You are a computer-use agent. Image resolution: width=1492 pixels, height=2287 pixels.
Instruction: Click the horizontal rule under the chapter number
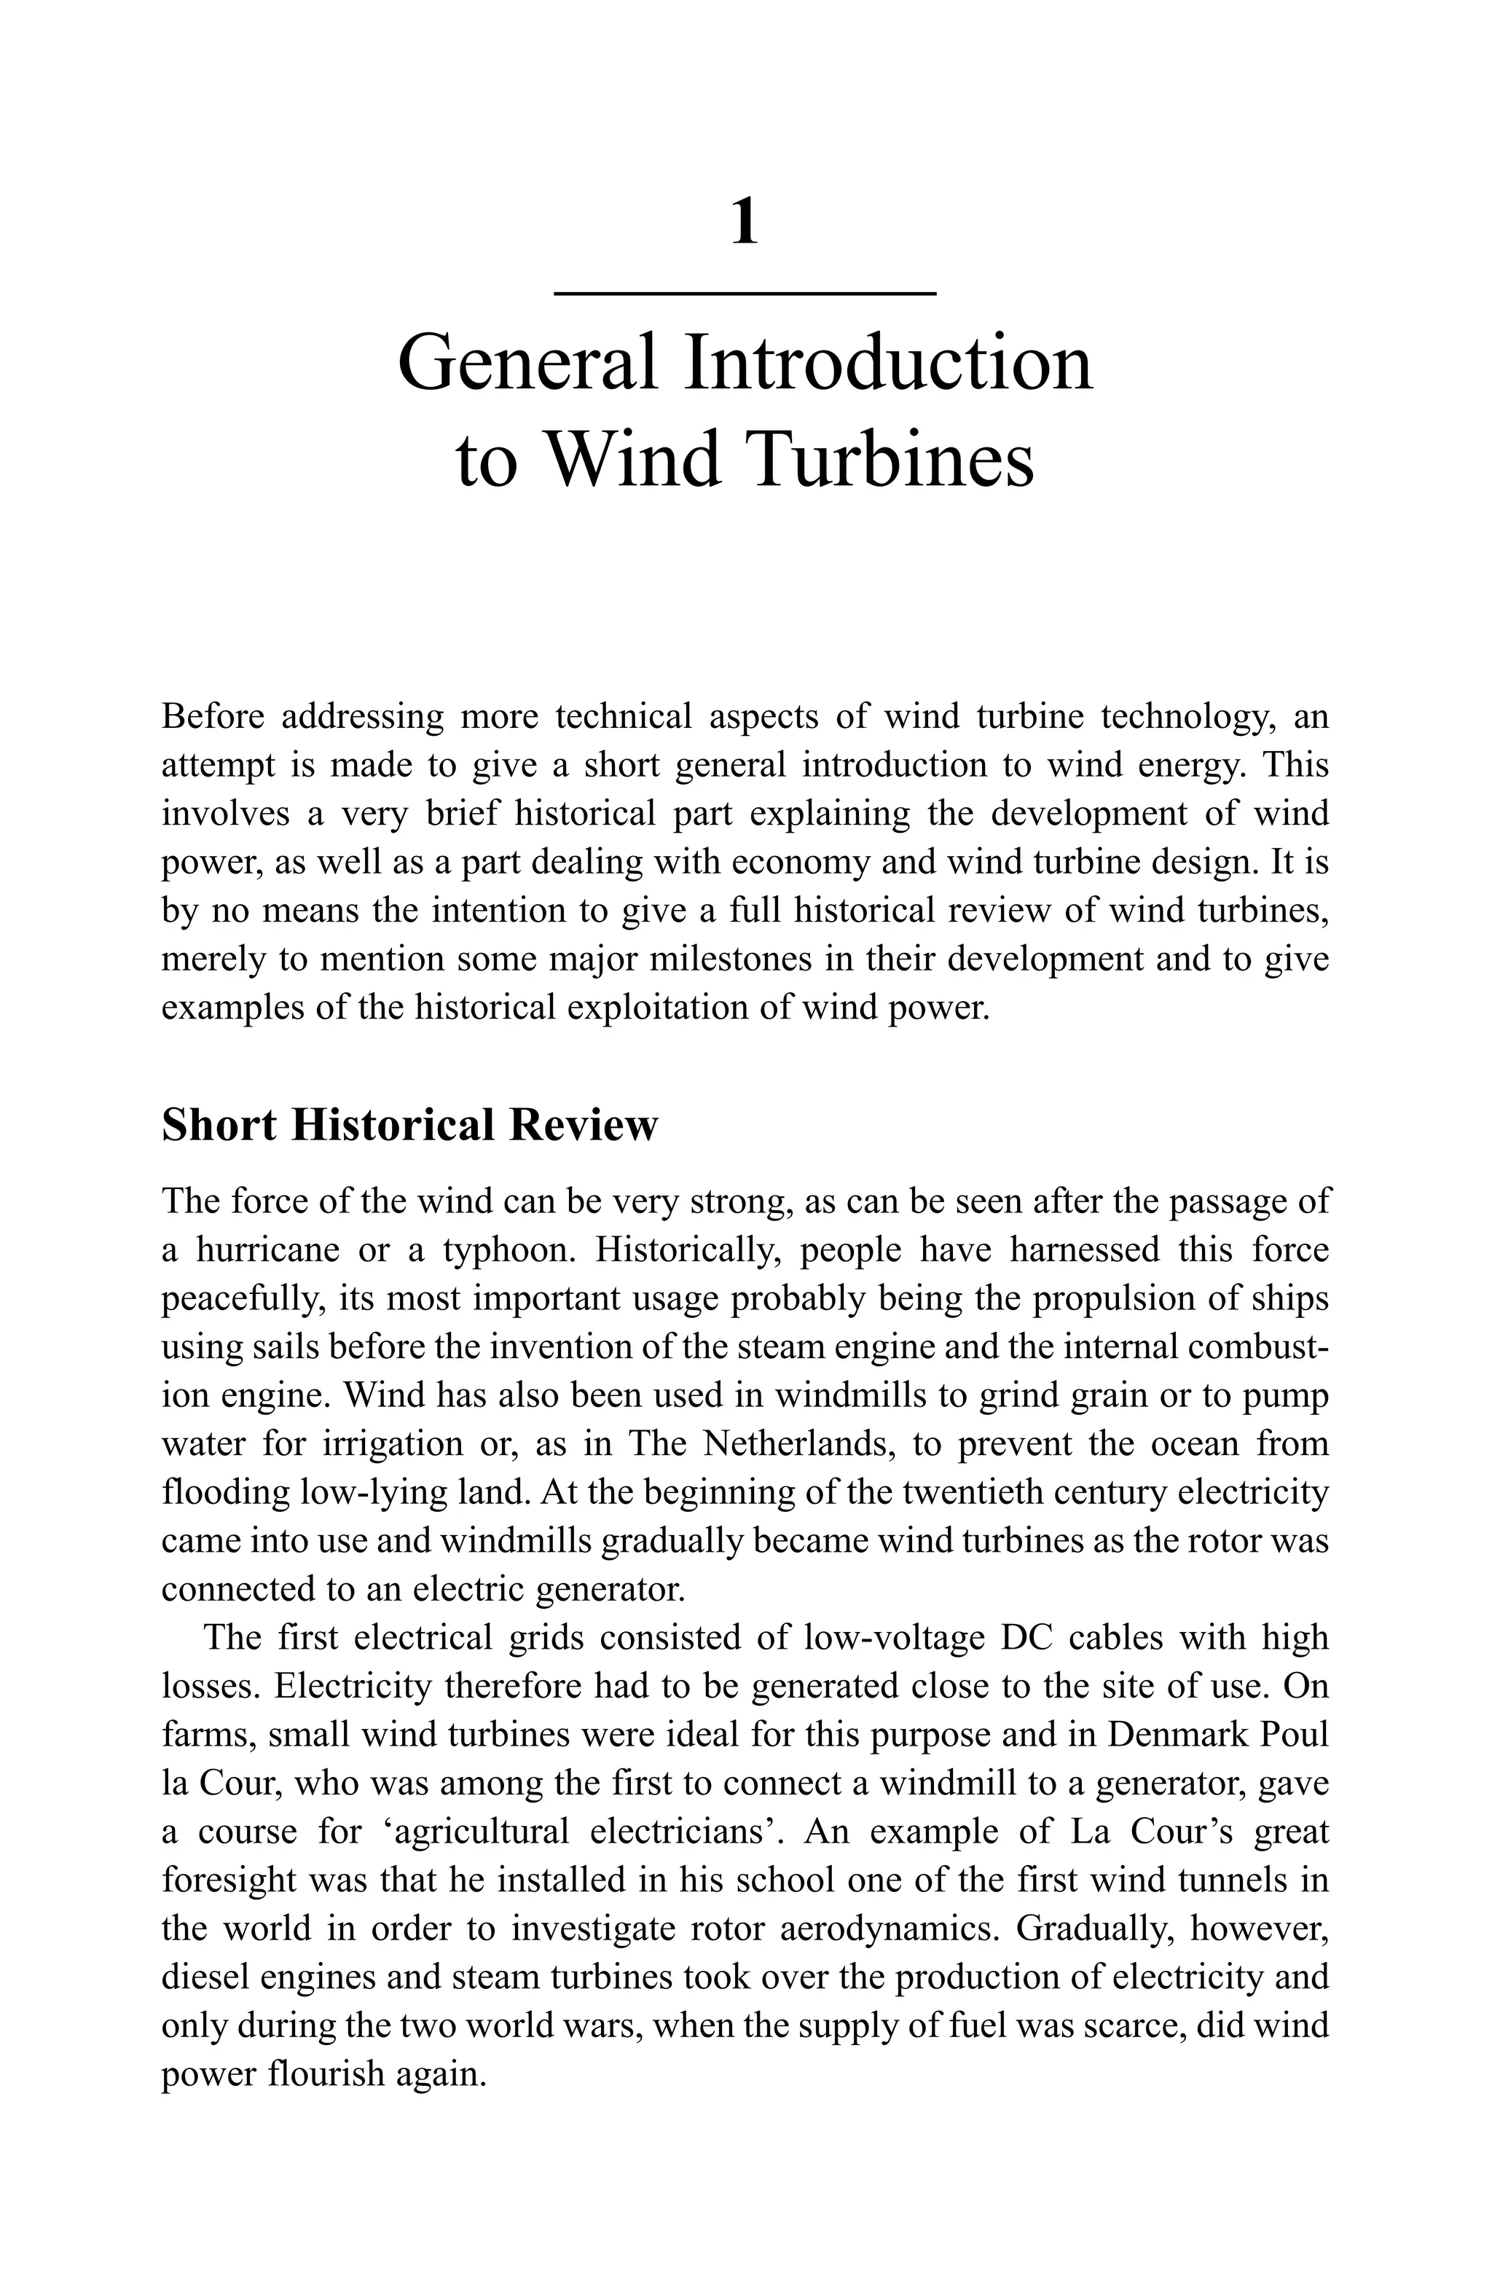(745, 292)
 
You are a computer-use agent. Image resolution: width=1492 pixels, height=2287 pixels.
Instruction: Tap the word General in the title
(527, 364)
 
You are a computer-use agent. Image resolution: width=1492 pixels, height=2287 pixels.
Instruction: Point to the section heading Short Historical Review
(409, 1124)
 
